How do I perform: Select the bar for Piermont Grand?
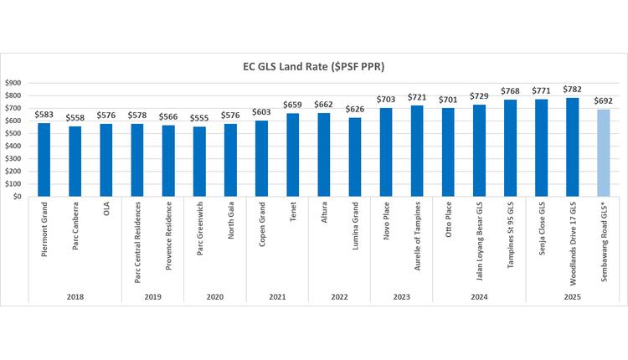point(44,160)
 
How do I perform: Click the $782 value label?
point(572,90)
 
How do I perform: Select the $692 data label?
point(603,101)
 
